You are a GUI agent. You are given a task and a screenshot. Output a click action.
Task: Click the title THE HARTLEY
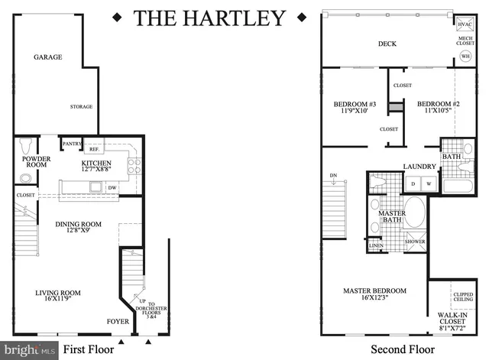[x=210, y=17]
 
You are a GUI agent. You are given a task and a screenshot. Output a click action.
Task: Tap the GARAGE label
[x=47, y=57]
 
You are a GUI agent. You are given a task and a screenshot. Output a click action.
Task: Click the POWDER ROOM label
[x=35, y=162]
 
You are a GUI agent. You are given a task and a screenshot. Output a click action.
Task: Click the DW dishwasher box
[x=112, y=187]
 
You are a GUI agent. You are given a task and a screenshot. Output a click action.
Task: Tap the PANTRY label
[x=72, y=144]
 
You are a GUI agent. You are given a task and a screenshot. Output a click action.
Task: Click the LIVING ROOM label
[x=59, y=295]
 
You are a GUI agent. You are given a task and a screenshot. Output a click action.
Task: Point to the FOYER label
[x=118, y=322]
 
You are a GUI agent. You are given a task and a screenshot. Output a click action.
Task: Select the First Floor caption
[x=88, y=350]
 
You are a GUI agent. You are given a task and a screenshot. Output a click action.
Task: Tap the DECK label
[x=387, y=44]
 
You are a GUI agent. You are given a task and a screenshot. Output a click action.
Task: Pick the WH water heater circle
[x=465, y=55]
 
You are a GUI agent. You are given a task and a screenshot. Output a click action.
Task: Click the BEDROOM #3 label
[x=355, y=107]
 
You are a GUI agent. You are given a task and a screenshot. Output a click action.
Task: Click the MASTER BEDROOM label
[x=374, y=295]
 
